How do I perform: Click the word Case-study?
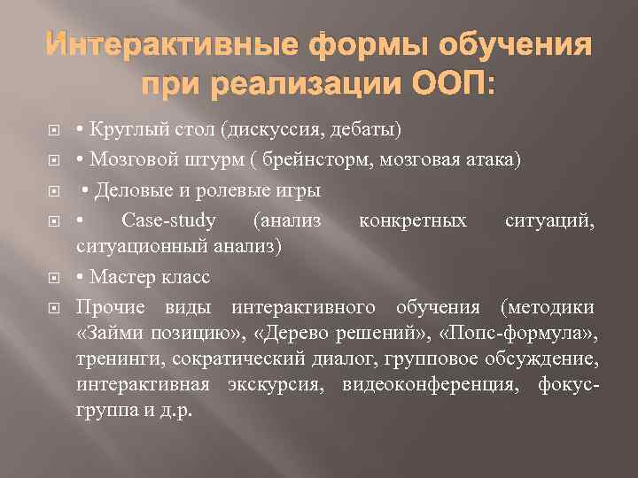168,220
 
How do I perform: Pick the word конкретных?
413,220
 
